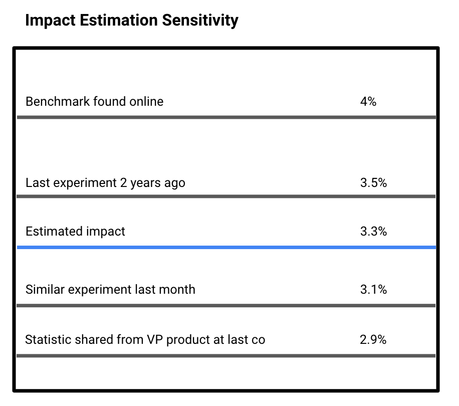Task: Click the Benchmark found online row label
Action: click(x=94, y=102)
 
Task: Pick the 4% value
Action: click(x=368, y=102)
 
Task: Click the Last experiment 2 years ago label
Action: click(x=105, y=183)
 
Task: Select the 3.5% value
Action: click(x=373, y=183)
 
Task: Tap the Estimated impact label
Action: click(x=75, y=232)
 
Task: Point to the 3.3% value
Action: click(x=373, y=232)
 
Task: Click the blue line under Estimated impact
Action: click(x=226, y=247)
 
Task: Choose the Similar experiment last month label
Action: click(x=110, y=290)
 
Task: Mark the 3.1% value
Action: click(x=373, y=290)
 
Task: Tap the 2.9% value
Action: click(x=373, y=340)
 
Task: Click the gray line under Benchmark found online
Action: click(x=226, y=117)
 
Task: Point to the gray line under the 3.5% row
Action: click(x=226, y=196)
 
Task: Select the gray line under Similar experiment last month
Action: click(x=226, y=305)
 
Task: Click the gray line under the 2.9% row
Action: click(x=226, y=356)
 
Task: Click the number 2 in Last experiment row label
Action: click(x=123, y=183)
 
